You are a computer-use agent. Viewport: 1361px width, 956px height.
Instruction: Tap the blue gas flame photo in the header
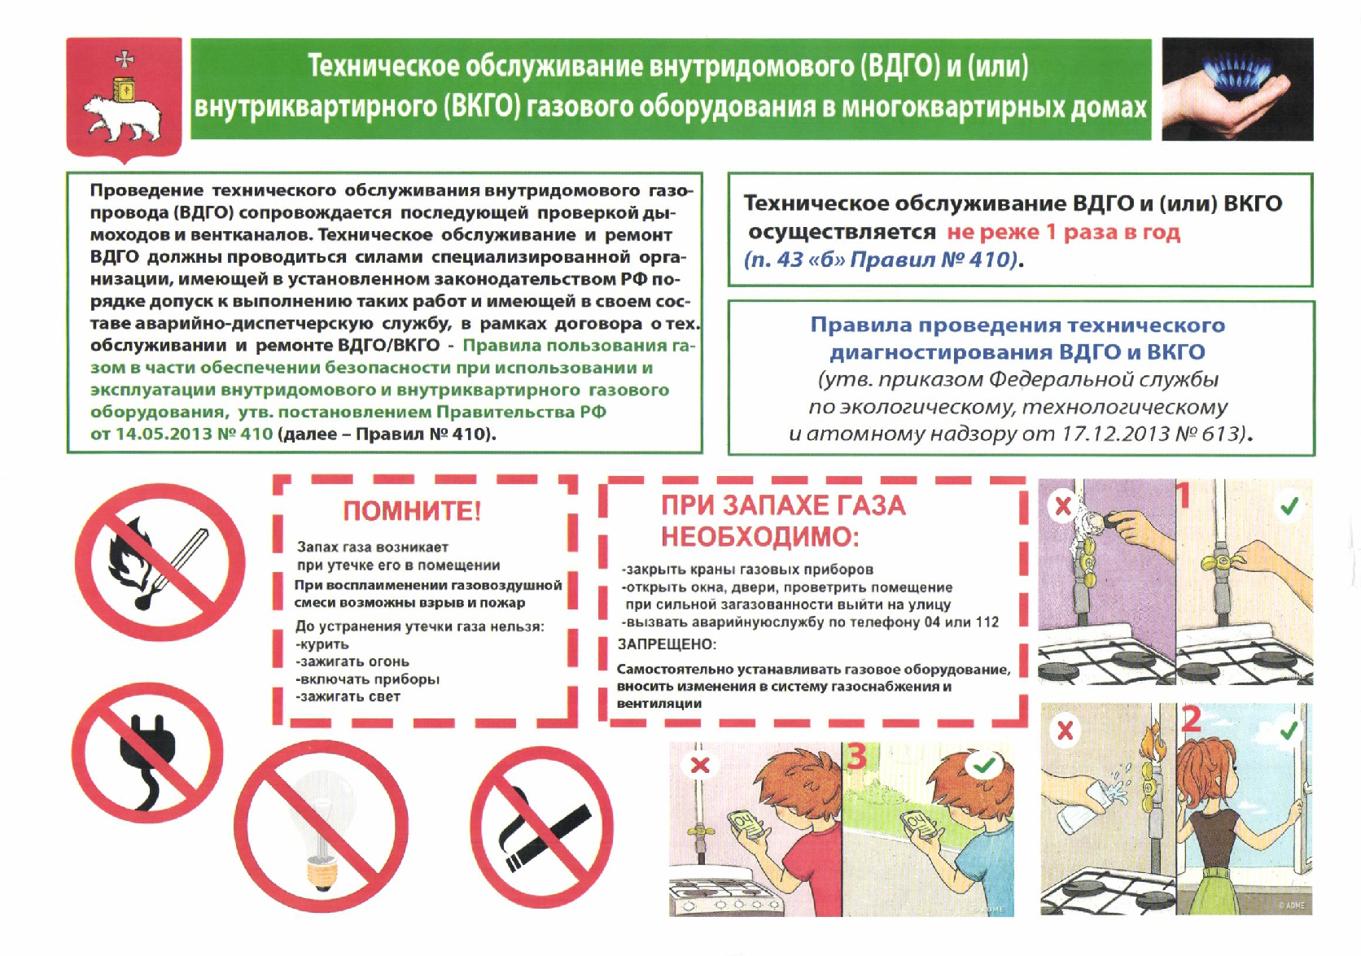[x=1236, y=89]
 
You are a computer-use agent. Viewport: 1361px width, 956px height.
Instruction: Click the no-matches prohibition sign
[x=160, y=562]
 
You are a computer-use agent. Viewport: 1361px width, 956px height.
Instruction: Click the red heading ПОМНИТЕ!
[x=412, y=511]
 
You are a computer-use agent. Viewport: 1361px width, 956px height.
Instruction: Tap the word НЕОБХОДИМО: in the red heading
[x=759, y=537]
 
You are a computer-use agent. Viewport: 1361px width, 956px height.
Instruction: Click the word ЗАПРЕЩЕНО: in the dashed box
[x=667, y=644]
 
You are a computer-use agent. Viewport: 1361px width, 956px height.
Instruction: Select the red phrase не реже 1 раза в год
[x=1063, y=232]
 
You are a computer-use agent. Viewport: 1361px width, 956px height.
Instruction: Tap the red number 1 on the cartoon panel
[x=1184, y=495]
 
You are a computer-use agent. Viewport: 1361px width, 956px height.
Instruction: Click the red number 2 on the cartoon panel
[x=1191, y=719]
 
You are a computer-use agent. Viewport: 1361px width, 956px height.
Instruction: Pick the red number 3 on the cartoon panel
[x=856, y=757]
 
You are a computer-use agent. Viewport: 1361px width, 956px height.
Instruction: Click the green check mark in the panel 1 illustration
[x=1289, y=508]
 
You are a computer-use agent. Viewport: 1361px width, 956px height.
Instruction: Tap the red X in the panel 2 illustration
[x=1065, y=731]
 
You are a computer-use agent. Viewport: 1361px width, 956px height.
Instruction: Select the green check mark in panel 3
[x=984, y=766]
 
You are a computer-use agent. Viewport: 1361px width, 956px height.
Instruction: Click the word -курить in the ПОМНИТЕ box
[x=323, y=644]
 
